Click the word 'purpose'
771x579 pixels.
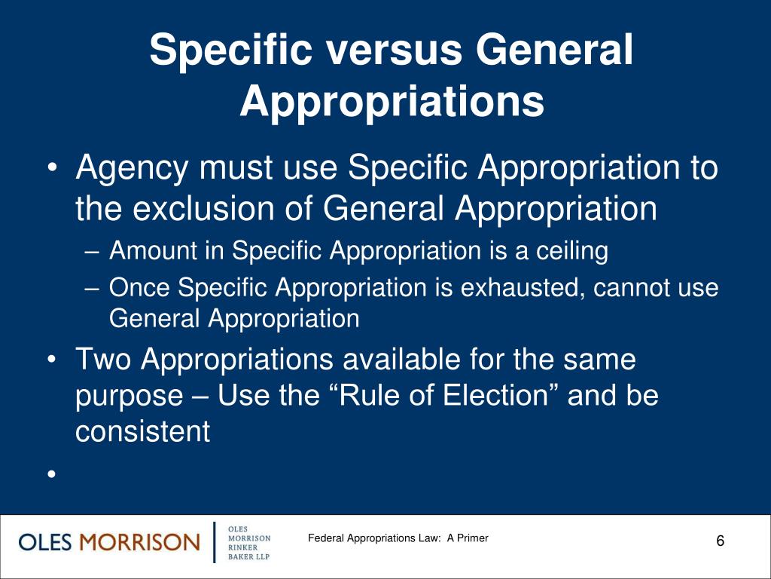click(129, 396)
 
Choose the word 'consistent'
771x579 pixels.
click(142, 432)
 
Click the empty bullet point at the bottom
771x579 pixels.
click(50, 474)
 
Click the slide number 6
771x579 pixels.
click(721, 542)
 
